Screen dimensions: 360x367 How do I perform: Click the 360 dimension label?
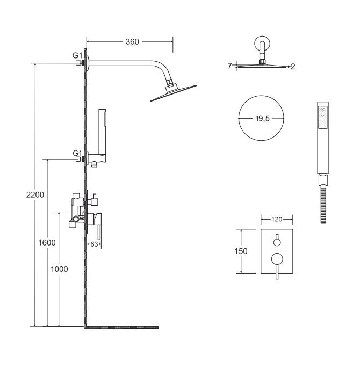132,42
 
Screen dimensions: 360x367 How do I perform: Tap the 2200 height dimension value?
35,195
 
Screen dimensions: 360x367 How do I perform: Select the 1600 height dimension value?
47,243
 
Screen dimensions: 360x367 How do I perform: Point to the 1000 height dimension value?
59,269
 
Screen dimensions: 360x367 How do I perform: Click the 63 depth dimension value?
94,244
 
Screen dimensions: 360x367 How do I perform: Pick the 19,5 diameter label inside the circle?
262,119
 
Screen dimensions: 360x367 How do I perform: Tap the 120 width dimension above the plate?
277,219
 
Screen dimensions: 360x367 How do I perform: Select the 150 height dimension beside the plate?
241,251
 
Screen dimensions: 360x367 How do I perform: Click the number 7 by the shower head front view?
229,66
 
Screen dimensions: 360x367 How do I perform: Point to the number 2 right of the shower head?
293,67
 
